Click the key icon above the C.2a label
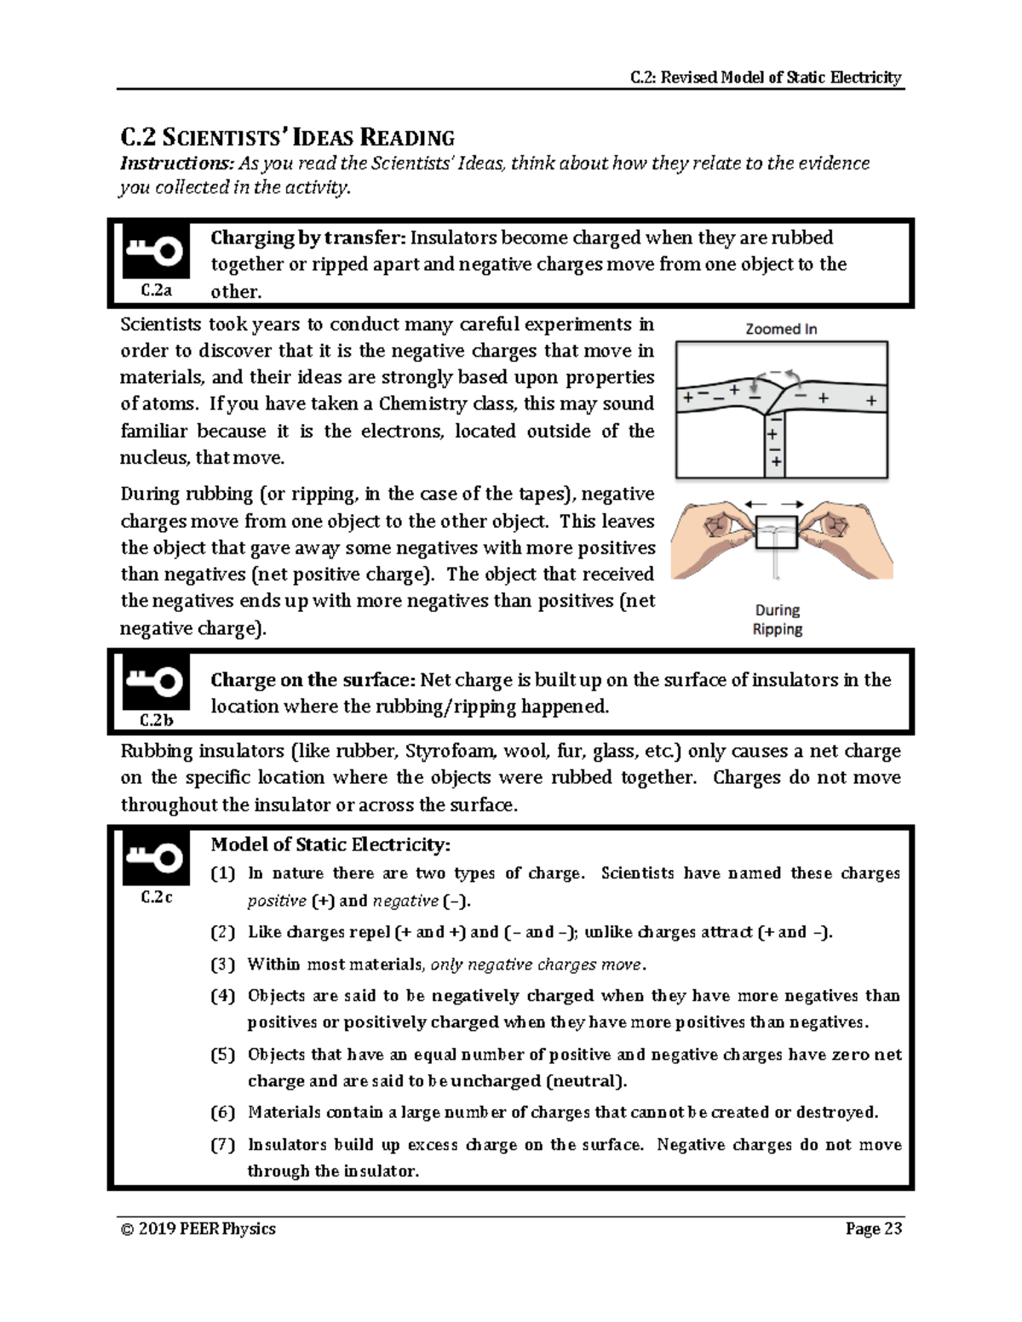154,251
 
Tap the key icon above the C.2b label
154,681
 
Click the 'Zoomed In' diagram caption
781,329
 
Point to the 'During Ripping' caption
777,620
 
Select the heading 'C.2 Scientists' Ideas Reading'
287,137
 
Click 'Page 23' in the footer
873,1228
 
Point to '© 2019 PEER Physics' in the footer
198,1228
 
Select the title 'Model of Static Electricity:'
330,844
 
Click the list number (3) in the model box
222,964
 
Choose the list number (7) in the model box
222,1145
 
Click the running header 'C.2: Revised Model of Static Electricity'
765,78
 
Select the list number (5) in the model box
222,1055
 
